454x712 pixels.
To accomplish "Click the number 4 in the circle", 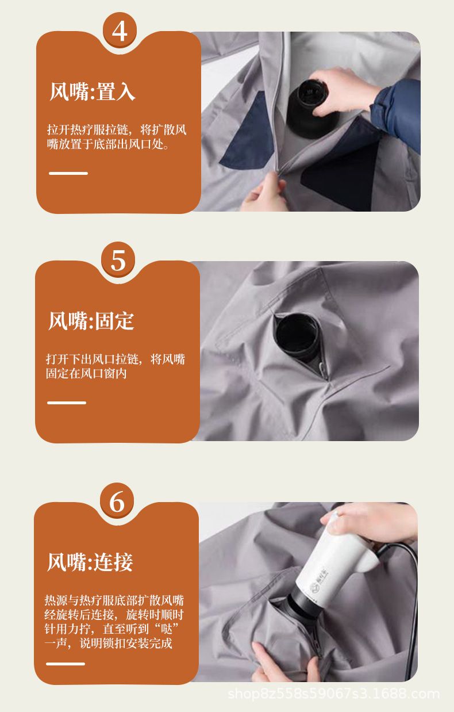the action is click(120, 31).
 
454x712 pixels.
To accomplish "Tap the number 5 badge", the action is click(118, 260).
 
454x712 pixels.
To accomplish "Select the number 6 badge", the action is click(117, 501).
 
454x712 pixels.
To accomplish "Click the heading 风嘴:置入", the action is click(93, 91).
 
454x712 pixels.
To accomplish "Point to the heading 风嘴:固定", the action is click(91, 321).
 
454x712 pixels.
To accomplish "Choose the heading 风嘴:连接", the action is click(90, 562).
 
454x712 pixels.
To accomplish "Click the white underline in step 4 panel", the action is click(68, 173).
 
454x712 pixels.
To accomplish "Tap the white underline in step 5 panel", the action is click(67, 403).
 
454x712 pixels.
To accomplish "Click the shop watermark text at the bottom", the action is click(334, 694).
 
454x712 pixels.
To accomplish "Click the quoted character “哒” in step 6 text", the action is click(167, 629).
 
